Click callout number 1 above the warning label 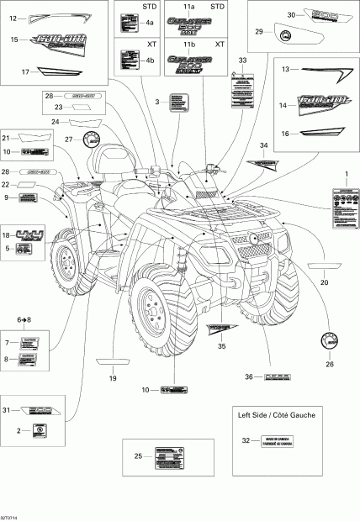(342, 173)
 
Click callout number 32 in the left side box (246, 440)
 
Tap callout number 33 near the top (243, 61)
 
